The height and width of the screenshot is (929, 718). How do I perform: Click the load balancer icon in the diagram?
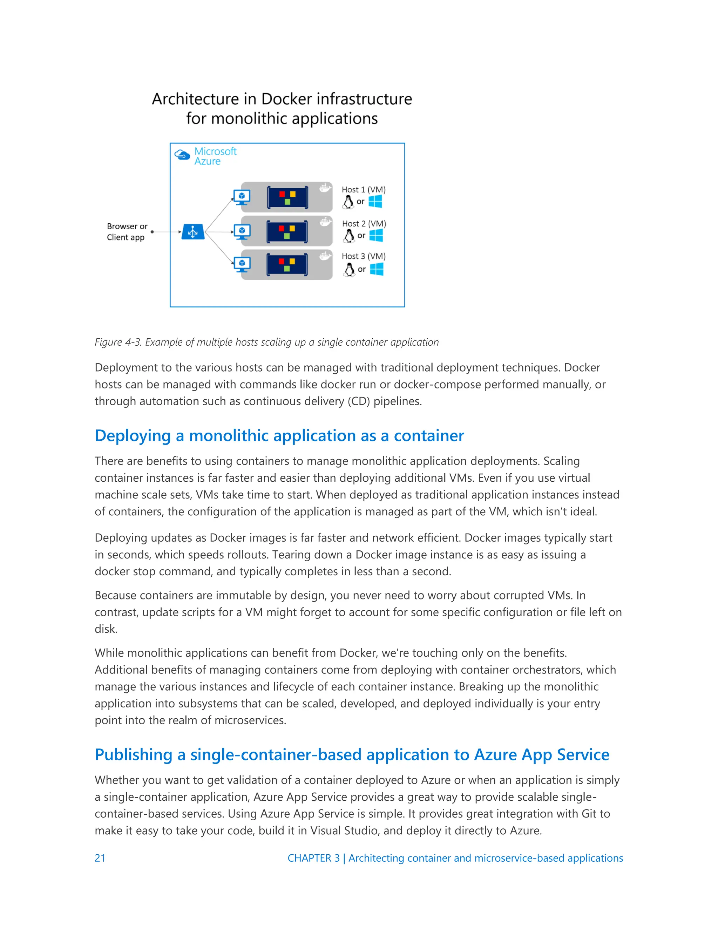point(193,232)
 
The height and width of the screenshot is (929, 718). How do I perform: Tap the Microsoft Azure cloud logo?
point(182,155)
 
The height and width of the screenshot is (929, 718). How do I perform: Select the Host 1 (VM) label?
point(364,190)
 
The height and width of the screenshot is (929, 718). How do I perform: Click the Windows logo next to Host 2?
point(376,235)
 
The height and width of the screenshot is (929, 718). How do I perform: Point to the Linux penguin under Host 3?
point(349,269)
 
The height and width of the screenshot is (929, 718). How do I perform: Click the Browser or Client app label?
point(127,232)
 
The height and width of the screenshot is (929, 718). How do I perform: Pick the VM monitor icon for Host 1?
point(242,197)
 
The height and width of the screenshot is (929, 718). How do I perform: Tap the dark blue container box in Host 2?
point(287,232)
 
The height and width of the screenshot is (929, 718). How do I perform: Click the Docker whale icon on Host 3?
point(325,256)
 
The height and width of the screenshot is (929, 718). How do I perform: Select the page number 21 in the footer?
point(100,858)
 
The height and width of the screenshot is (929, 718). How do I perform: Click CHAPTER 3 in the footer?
point(313,858)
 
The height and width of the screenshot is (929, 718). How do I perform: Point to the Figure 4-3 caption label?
point(117,342)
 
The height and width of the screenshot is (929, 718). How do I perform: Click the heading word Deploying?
point(133,436)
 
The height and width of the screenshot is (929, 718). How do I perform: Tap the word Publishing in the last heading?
point(134,755)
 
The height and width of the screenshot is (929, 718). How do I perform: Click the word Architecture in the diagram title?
point(195,99)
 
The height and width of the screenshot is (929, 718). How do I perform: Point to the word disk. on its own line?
point(106,629)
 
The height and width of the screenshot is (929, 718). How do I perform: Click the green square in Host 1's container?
point(287,202)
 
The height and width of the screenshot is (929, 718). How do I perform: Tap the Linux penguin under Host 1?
point(348,202)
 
